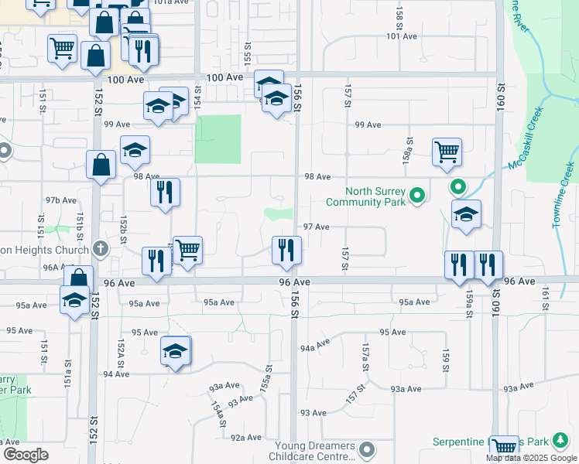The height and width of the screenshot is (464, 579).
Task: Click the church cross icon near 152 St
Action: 99,248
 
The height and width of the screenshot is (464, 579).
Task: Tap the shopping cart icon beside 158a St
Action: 447,153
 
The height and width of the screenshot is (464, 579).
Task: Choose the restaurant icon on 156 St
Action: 286,250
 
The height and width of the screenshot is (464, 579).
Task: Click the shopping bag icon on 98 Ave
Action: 101,165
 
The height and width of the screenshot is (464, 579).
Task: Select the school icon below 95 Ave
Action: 176,352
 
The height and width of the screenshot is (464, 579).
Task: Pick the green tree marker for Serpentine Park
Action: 560,441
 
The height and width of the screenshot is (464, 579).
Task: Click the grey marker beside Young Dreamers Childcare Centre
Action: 367,449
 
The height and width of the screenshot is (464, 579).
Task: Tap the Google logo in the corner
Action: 25,455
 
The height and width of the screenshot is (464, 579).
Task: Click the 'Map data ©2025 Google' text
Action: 531,458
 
